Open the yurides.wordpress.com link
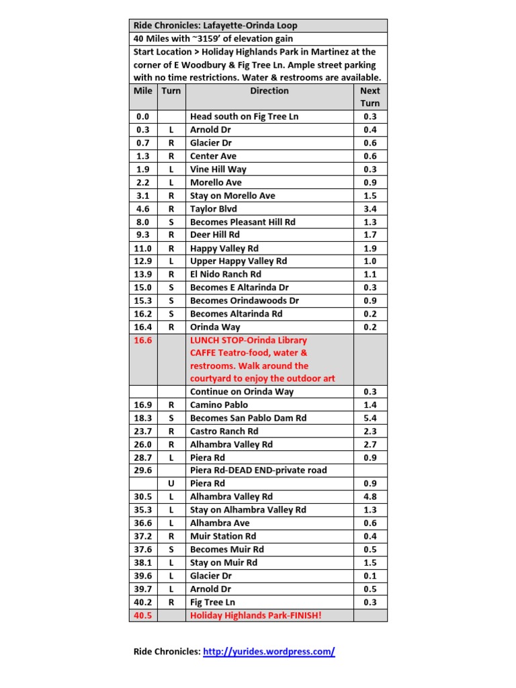coord(269,651)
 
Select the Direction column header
coord(269,91)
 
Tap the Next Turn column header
coord(370,97)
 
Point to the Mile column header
coord(143,91)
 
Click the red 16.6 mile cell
coord(143,341)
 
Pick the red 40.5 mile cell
coord(143,615)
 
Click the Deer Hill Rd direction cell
coord(215,235)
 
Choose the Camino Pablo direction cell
coord(219,405)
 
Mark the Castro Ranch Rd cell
coord(224,431)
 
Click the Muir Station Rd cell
coord(223,536)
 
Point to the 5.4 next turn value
coord(370,418)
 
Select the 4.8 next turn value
coord(370,497)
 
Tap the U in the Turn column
coord(171,484)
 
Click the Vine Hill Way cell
coord(218,169)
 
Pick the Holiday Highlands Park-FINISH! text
coord(256,615)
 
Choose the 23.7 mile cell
coord(143,431)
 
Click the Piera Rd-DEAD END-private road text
coord(259,470)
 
